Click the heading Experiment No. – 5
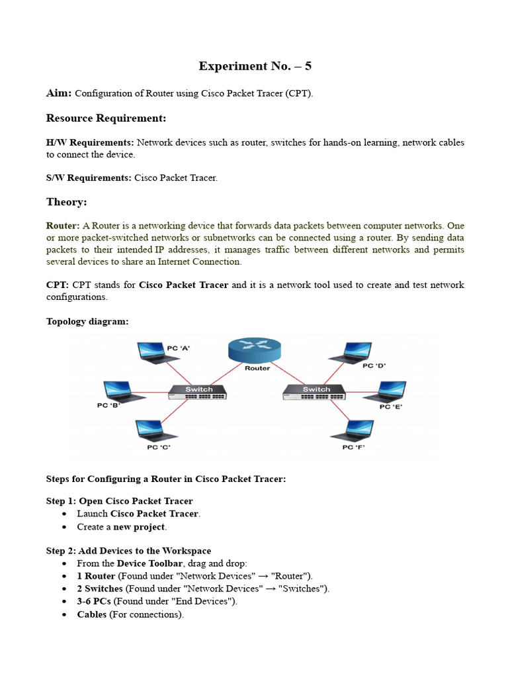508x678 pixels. click(x=255, y=66)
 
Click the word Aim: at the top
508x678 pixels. click(x=59, y=93)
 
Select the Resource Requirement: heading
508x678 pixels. click(x=106, y=118)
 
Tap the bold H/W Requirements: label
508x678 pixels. click(x=90, y=142)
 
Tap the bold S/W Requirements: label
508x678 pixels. click(x=89, y=178)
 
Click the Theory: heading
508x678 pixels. click(x=66, y=202)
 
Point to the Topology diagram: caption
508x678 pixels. click(x=87, y=321)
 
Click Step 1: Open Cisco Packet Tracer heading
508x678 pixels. click(x=119, y=501)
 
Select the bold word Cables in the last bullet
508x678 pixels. click(x=92, y=614)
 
